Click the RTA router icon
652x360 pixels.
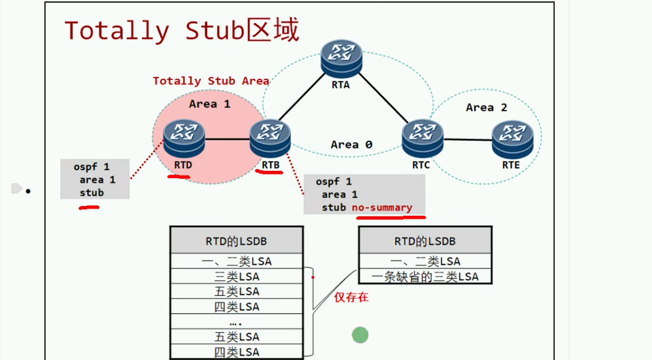point(341,58)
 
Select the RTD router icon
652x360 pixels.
point(184,138)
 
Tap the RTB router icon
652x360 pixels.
point(270,138)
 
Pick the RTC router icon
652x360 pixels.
point(423,138)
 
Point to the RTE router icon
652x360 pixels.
point(512,139)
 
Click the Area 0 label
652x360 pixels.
point(351,145)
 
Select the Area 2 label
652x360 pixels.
point(486,107)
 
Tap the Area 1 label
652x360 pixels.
point(209,104)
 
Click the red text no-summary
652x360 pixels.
point(382,208)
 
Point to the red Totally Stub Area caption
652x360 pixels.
point(210,81)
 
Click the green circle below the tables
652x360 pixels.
point(360,335)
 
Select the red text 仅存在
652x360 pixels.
point(351,297)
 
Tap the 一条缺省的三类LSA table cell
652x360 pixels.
point(425,277)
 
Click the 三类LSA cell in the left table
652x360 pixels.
point(236,277)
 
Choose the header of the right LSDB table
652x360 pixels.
point(425,241)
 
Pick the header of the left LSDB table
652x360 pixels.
point(236,241)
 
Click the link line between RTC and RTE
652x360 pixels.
point(468,140)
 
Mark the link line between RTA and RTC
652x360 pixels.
point(383,98)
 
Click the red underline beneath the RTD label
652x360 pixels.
point(179,177)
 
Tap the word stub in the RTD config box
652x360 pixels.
point(92,193)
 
